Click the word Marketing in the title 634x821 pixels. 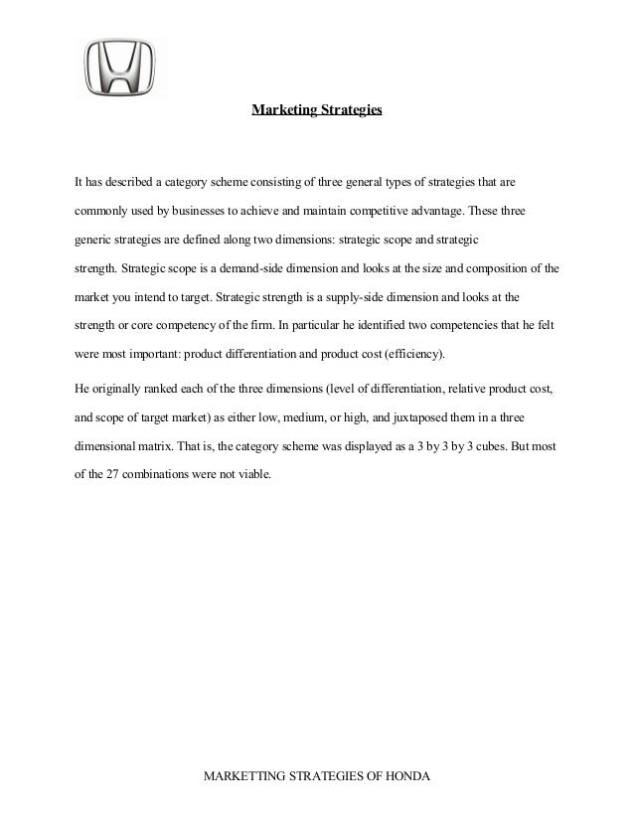pos(282,111)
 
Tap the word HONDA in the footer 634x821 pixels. pos(409,775)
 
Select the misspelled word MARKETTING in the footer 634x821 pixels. pos(243,775)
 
